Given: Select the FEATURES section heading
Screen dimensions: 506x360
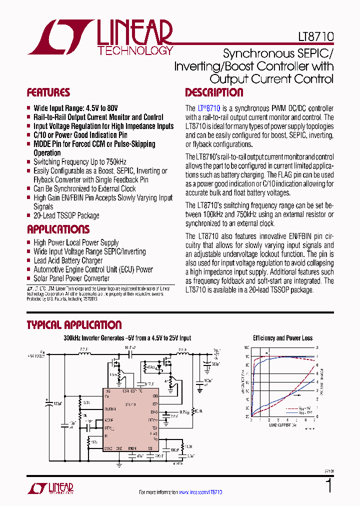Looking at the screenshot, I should [48, 92].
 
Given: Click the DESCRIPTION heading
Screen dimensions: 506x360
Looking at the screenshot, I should [214, 92].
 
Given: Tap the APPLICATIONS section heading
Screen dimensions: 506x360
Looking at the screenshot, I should [58, 229].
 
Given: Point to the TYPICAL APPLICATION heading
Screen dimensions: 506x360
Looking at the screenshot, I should [74, 325].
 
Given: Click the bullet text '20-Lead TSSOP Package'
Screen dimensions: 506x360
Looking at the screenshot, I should [66, 215].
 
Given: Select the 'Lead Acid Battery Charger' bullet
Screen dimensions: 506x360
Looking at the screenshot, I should [68, 260].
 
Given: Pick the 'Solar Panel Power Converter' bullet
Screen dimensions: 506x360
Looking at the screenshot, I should [71, 278].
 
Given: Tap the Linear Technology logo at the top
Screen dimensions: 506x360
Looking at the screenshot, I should [100, 37].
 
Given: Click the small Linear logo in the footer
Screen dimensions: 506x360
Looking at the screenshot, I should [50, 488].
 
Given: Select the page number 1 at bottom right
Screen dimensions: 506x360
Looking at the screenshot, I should [328, 486].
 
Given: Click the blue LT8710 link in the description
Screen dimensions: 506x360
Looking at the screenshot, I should [209, 108].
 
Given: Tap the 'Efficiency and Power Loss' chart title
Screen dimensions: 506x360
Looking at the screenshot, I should [282, 338].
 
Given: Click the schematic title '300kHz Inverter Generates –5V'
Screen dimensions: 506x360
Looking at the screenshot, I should [127, 338].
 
